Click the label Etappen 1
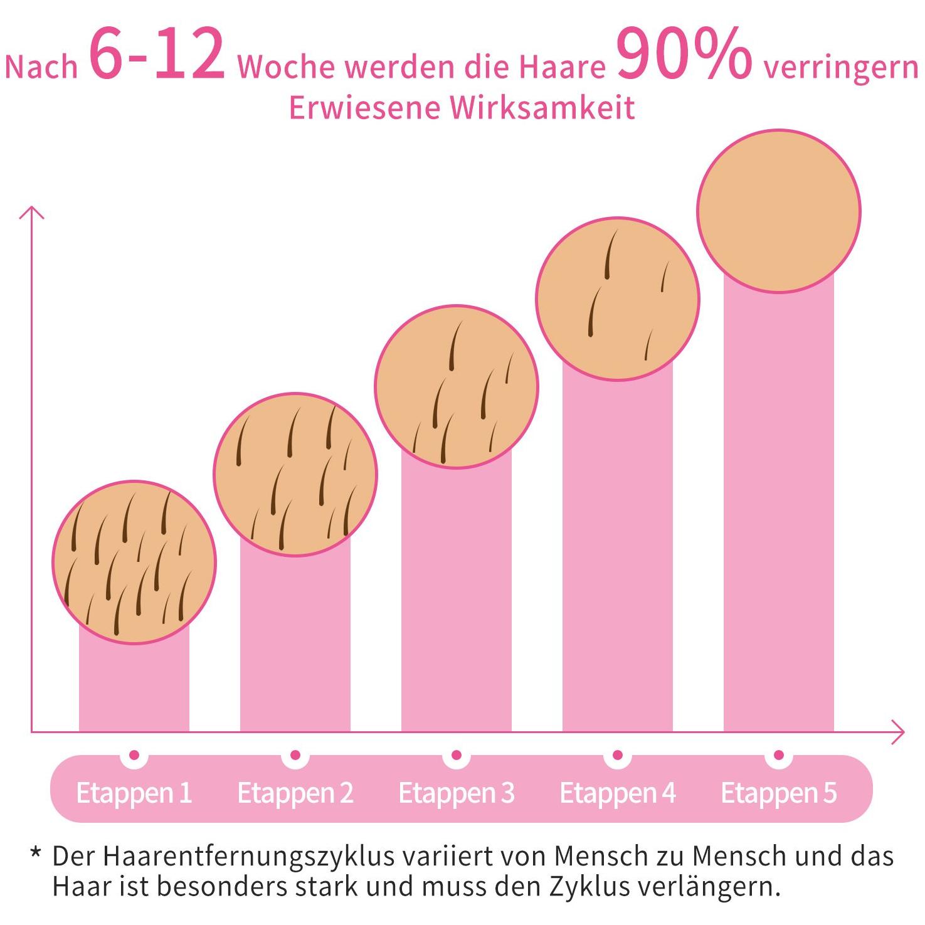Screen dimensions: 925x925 pos(134,793)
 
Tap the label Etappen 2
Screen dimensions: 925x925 pos(295,793)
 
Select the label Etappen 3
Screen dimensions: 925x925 pos(456,793)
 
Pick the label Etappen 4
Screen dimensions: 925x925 pos(617,793)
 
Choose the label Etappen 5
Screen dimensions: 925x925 pos(778,793)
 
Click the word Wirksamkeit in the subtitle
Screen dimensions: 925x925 pos(542,108)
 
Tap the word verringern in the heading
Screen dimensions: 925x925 pos(840,66)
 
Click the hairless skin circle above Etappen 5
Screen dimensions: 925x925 pos(778,211)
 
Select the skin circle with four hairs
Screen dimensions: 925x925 pos(618,299)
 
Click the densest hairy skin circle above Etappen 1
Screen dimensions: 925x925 pos(134,562)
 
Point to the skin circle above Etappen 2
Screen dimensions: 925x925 pos(295,474)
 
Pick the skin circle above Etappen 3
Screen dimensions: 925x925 pos(456,386)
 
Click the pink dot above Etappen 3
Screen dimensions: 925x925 pos(456,755)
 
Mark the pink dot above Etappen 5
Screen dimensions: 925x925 pos(778,755)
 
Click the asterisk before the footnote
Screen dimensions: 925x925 pos(36,854)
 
